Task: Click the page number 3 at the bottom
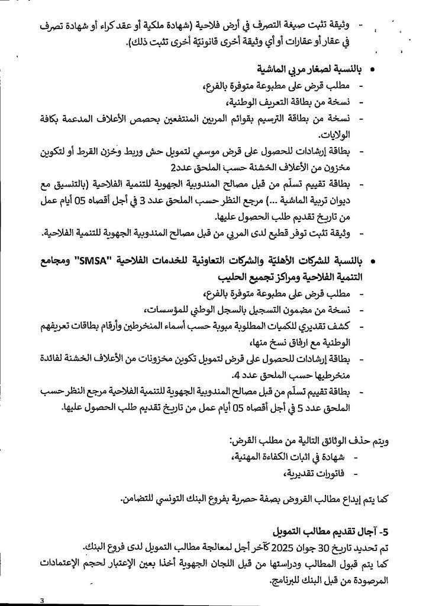pyautogui.click(x=42, y=600)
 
